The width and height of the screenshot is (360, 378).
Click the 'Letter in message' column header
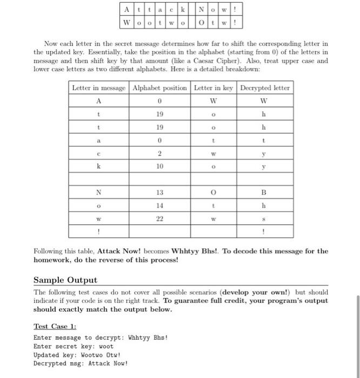point(99,88)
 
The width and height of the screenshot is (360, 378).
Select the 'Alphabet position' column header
point(159,88)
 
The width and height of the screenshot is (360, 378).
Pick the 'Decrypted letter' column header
point(264,88)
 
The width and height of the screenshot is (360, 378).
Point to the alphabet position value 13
point(159,193)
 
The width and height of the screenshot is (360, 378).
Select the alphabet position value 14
point(159,205)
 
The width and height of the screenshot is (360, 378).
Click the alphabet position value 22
point(159,219)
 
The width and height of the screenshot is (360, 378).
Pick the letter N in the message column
point(98,193)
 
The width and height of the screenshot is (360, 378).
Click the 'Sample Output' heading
point(65,280)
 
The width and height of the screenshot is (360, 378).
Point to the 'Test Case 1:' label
point(55,326)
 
